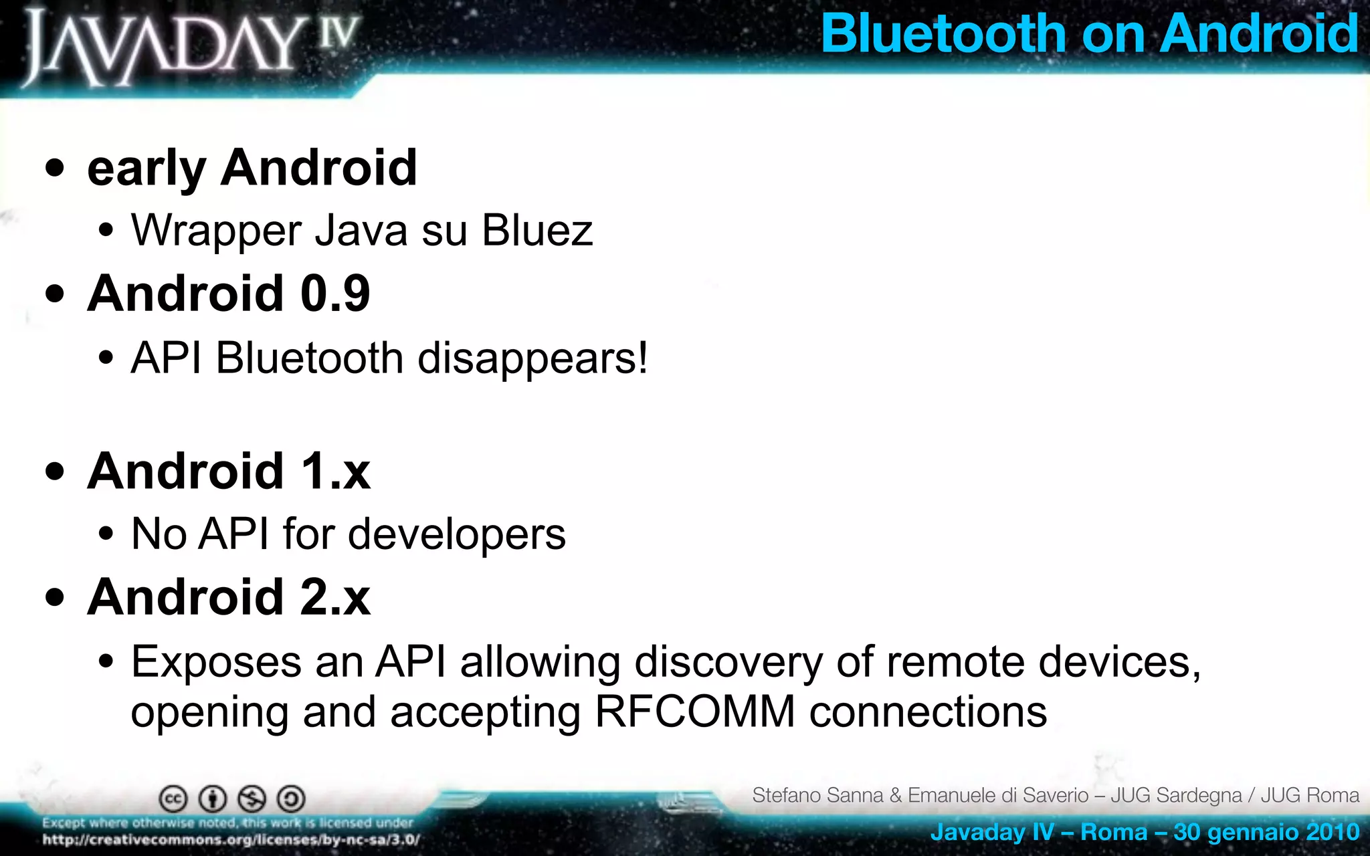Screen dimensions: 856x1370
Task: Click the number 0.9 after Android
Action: pyautogui.click(x=335, y=294)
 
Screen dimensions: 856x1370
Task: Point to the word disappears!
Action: pyautogui.click(x=532, y=359)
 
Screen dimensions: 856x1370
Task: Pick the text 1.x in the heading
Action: pyautogui.click(x=335, y=471)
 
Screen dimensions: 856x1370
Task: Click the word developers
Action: pyautogui.click(x=456, y=534)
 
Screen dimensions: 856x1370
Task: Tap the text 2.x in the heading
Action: pyautogui.click(x=335, y=597)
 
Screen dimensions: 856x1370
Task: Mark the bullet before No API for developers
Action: pyautogui.click(x=105, y=534)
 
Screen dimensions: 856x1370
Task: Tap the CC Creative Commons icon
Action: pyautogui.click(x=173, y=798)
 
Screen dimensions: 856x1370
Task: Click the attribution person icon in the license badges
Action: pyautogui.click(x=213, y=798)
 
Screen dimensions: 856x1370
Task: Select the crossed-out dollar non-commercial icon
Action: pyautogui.click(x=252, y=798)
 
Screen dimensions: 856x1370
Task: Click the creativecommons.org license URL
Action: pyautogui.click(x=231, y=840)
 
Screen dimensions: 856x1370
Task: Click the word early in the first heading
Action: pyautogui.click(x=146, y=169)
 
